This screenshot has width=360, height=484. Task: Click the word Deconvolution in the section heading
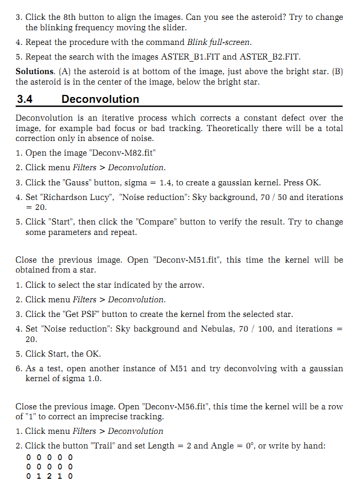[100, 99]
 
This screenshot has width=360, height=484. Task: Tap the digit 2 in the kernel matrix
[51, 476]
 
